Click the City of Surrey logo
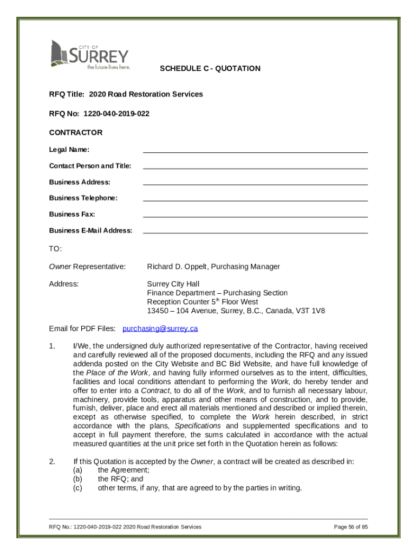(90, 55)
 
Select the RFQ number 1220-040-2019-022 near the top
(116, 114)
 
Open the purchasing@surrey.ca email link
(160, 329)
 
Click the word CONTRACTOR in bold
(76, 133)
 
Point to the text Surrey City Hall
(173, 284)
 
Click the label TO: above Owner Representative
(55, 249)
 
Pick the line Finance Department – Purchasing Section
(217, 293)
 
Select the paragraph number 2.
(51, 462)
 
